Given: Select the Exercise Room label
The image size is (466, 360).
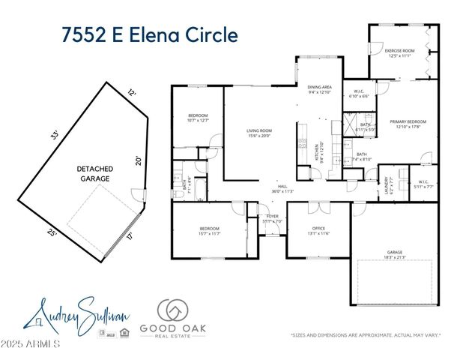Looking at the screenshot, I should (x=399, y=53).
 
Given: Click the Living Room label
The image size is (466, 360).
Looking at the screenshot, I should (x=259, y=133).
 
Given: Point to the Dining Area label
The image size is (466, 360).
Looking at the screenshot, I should (x=319, y=89).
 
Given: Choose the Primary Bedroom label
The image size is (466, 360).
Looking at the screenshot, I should (x=408, y=124).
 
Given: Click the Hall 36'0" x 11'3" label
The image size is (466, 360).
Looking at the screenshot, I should (x=282, y=188).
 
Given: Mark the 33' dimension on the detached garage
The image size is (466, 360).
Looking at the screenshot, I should (x=53, y=136).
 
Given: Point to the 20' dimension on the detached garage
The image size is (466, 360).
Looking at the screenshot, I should (x=137, y=160).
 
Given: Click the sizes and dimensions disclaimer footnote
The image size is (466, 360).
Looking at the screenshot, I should (x=366, y=336).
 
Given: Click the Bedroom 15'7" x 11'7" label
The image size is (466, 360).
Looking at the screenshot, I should (x=209, y=230).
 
